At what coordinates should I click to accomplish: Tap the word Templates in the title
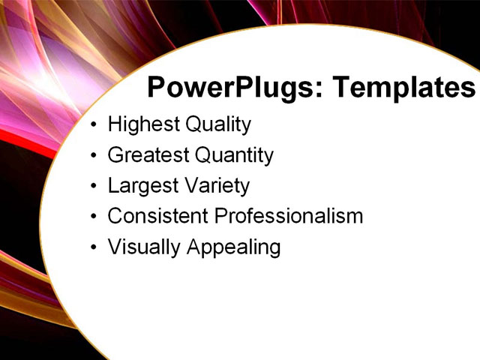click(403, 88)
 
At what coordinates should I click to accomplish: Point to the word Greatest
click(147, 155)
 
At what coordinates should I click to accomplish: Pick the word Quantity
click(234, 155)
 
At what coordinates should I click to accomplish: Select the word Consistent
click(157, 216)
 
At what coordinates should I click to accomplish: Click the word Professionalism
click(289, 216)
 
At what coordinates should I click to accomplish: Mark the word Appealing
click(235, 247)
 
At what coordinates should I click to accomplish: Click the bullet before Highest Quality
click(92, 125)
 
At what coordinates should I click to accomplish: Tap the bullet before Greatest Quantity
click(92, 156)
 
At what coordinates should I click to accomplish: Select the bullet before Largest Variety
click(92, 186)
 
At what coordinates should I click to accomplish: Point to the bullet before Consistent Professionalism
click(92, 217)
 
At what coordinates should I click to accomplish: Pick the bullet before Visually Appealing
click(92, 247)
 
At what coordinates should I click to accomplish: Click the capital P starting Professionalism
click(220, 216)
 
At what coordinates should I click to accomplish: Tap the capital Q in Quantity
click(202, 155)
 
